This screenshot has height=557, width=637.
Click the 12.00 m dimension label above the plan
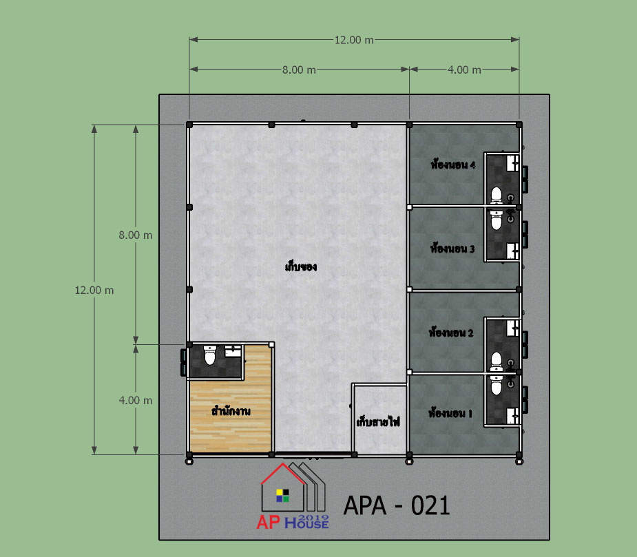(354, 40)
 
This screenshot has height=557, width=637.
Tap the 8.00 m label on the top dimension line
(299, 70)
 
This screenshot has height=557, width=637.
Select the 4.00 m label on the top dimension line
(464, 70)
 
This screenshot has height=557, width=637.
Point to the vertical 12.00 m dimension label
(94, 290)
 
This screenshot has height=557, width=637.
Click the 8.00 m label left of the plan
(135, 235)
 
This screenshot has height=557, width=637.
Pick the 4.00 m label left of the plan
(135, 400)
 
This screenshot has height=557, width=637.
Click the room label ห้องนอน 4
(453, 165)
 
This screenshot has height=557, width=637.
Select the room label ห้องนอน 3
(452, 248)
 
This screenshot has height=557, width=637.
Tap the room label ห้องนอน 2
(451, 333)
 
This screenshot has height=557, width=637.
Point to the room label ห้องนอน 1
(450, 413)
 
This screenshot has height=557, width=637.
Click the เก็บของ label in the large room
(301, 267)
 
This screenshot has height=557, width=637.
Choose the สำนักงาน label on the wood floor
(231, 411)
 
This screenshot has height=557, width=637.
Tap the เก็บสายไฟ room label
(378, 422)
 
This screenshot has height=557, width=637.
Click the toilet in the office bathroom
(209, 355)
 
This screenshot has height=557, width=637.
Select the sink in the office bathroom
(233, 351)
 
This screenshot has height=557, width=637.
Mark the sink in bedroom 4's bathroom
(512, 163)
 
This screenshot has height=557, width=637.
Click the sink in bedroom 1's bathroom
(512, 416)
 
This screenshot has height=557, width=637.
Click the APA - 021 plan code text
(397, 506)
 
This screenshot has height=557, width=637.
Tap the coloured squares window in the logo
(283, 496)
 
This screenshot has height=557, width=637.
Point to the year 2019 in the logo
(313, 518)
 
